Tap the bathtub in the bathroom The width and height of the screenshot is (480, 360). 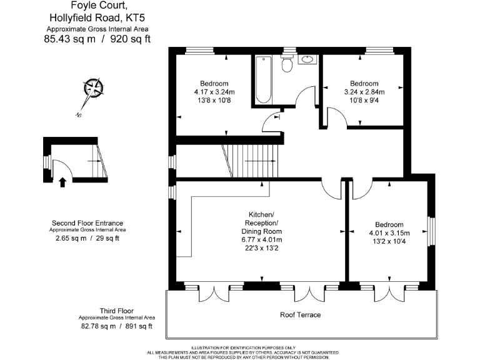coord(262,80)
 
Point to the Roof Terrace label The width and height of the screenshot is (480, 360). coord(300,315)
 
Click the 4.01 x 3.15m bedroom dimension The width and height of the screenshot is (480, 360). coord(389,233)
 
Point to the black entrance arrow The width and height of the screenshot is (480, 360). coord(62,182)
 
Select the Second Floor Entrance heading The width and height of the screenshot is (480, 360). coord(87,223)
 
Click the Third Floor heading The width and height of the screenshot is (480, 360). coord(117,311)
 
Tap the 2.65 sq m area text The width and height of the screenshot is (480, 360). coord(67,238)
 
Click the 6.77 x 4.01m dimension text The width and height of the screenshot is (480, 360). coord(262,239)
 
